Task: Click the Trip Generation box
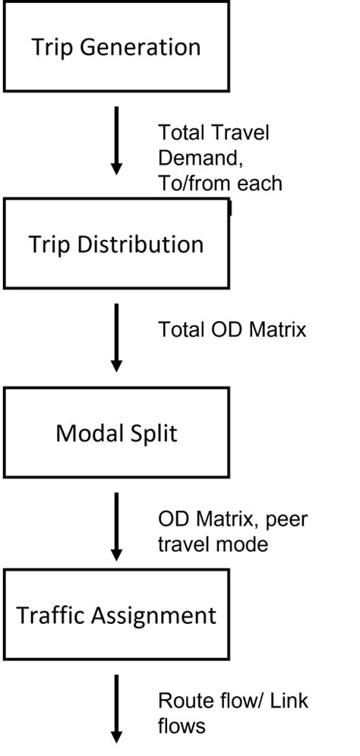(116, 47)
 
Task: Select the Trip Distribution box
(116, 244)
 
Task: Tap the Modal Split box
(116, 433)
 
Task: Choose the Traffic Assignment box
(116, 615)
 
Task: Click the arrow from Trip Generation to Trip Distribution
(116, 140)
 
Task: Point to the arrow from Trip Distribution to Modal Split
(116, 338)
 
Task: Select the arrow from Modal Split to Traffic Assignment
(116, 525)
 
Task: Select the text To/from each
(219, 183)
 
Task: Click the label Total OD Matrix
(232, 329)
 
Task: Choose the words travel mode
(212, 544)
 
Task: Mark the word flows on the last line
(181, 726)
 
